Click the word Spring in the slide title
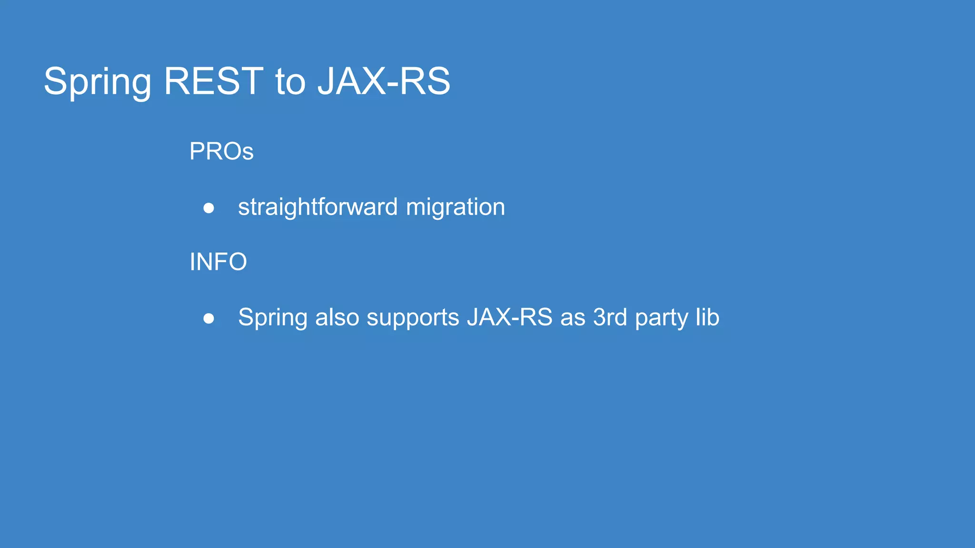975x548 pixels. point(97,82)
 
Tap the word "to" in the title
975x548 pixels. point(290,82)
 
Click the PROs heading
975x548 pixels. point(221,151)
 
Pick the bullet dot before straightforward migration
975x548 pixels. point(209,208)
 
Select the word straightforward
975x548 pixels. point(318,207)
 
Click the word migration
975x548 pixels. point(455,207)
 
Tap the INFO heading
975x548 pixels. point(218,262)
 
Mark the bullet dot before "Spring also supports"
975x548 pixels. point(209,318)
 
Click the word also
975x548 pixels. point(337,317)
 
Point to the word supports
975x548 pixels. point(413,318)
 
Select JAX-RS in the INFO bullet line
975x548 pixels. point(509,317)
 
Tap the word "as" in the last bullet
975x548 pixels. point(573,317)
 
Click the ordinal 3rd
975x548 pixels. point(610,317)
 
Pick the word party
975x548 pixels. point(661,318)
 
